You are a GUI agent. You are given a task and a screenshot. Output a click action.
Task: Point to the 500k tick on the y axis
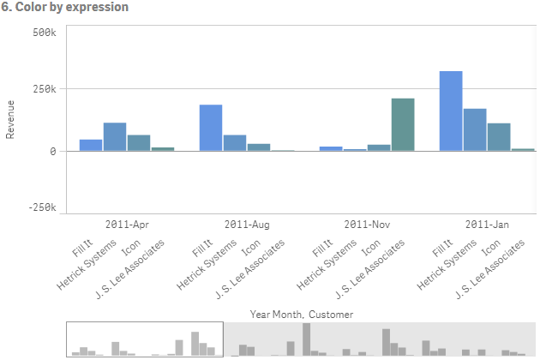pyautogui.click(x=43, y=32)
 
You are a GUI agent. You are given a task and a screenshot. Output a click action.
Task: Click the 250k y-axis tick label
pyautogui.click(x=43, y=89)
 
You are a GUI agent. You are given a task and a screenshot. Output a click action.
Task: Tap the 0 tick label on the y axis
pyautogui.click(x=51, y=151)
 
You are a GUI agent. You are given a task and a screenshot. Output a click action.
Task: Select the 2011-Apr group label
pyautogui.click(x=128, y=225)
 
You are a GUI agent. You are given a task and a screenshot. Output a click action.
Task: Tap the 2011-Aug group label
pyautogui.click(x=248, y=225)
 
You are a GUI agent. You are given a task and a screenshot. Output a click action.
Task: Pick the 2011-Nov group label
pyautogui.click(x=368, y=225)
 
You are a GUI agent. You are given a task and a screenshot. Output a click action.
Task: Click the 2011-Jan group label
pyautogui.click(x=488, y=225)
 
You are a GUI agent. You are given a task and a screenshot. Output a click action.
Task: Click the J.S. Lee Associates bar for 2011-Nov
pyautogui.click(x=403, y=125)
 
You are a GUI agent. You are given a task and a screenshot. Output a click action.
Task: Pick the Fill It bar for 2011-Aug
pyautogui.click(x=211, y=128)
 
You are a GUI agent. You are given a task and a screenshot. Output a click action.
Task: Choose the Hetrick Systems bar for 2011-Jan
pyautogui.click(x=475, y=130)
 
